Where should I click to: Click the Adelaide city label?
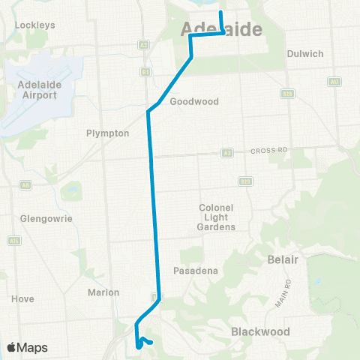pyautogui.click(x=222, y=29)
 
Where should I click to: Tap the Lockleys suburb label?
pyautogui.click(x=35, y=25)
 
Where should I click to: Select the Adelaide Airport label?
pyautogui.click(x=38, y=90)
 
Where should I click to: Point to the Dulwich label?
pyautogui.click(x=305, y=54)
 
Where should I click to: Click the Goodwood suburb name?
pyautogui.click(x=193, y=101)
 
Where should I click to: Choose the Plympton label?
pyautogui.click(x=109, y=133)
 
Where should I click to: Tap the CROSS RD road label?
pyautogui.click(x=265, y=150)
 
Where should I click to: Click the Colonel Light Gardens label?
pyautogui.click(x=217, y=217)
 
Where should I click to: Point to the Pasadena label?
pyautogui.click(x=193, y=269)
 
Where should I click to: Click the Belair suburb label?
pyautogui.click(x=283, y=259)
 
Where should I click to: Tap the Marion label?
pyautogui.click(x=103, y=292)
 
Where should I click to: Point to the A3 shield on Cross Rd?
pyautogui.click(x=226, y=153)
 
